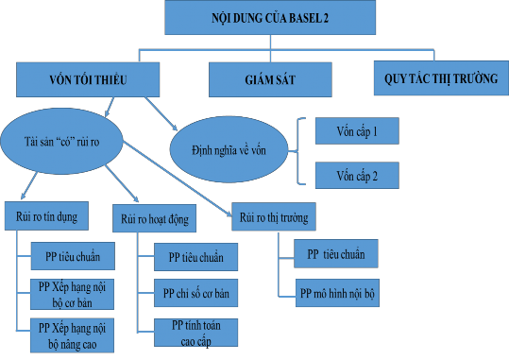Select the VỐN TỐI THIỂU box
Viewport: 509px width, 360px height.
click(76, 78)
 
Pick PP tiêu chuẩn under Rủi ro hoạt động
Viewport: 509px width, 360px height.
click(195, 256)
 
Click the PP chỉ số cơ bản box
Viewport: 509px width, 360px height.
click(195, 293)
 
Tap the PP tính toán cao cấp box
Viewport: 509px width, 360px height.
click(195, 331)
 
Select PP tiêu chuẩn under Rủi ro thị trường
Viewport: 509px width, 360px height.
click(329, 253)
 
